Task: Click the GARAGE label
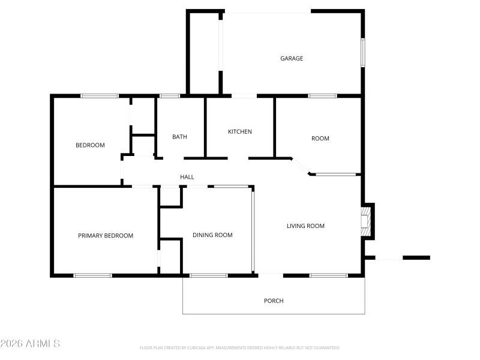coord(292,58)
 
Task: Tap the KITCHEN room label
coord(239,131)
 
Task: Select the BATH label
coord(179,137)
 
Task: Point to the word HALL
coord(187,177)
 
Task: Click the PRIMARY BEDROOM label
coord(106,236)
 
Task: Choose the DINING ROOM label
coord(212,235)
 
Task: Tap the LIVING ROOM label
coord(305,226)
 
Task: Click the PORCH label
coord(274,301)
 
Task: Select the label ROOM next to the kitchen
coord(320,139)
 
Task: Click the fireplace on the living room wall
coord(365,220)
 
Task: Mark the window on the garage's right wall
coord(362,53)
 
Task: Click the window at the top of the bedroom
coord(100,95)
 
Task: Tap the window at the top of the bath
coord(170,95)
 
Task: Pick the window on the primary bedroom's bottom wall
coord(92,275)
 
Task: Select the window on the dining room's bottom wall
coord(209,275)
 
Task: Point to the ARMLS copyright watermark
coord(30,344)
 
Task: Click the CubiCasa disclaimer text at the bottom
coord(240,347)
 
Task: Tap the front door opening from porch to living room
coord(271,275)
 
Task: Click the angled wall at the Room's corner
coord(301,166)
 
